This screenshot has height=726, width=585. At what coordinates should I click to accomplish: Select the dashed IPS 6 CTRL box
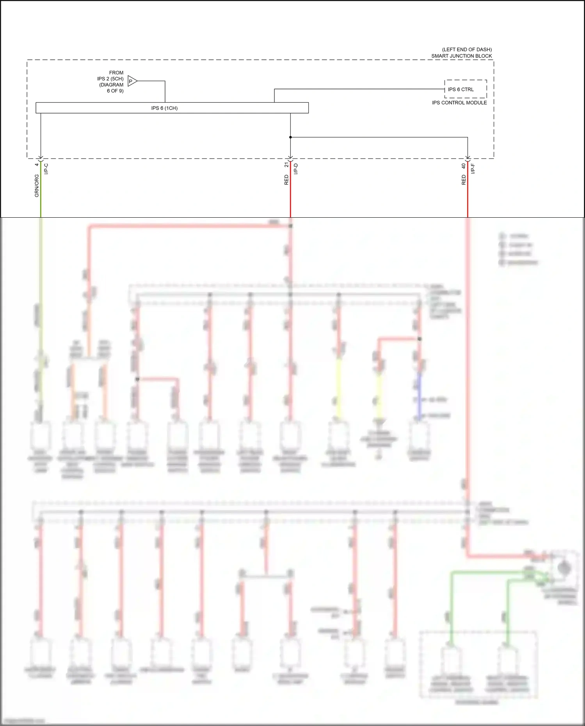(x=465, y=89)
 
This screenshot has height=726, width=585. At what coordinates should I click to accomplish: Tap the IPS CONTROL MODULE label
(x=459, y=103)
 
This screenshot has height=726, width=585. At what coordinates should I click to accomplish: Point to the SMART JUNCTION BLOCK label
(x=461, y=56)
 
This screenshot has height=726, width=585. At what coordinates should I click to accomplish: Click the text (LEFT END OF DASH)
(x=466, y=50)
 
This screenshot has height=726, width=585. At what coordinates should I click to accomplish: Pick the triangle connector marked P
(x=132, y=81)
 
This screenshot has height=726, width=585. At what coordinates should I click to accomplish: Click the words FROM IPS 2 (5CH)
(x=111, y=76)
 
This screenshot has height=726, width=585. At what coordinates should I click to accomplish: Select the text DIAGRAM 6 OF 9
(x=112, y=88)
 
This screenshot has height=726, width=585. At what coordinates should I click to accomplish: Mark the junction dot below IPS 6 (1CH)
(x=290, y=137)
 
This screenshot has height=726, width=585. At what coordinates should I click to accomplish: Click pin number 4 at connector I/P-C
(x=37, y=165)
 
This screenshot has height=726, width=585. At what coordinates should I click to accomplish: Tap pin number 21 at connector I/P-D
(x=286, y=165)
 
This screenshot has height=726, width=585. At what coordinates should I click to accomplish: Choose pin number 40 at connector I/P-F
(x=464, y=166)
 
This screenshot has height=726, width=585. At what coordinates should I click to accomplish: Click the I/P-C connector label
(x=46, y=169)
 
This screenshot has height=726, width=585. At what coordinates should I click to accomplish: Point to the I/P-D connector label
(x=296, y=169)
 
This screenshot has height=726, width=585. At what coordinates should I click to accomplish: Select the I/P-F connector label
(x=473, y=169)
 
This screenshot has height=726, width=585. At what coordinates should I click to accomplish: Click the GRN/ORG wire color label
(x=37, y=186)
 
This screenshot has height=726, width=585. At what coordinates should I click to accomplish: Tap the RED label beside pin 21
(x=286, y=180)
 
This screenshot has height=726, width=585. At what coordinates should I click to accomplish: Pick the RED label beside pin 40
(x=464, y=180)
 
